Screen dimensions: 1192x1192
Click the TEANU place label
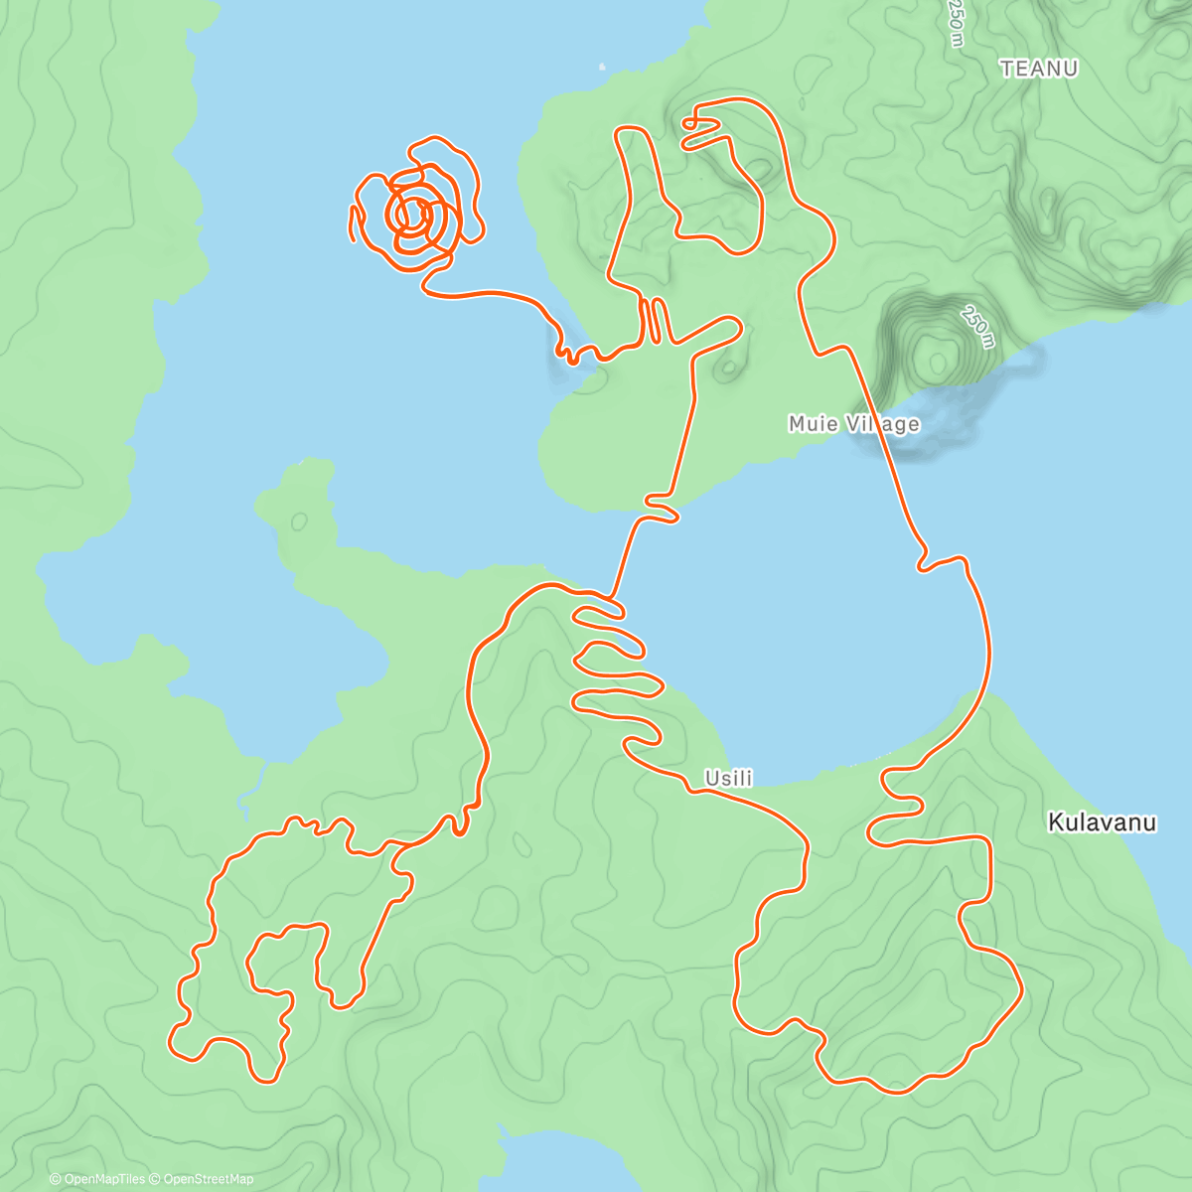(1039, 69)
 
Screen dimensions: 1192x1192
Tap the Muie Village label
(853, 424)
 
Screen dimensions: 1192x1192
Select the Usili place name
(728, 778)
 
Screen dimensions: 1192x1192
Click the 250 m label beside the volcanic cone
(976, 328)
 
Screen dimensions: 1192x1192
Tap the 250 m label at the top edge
(955, 22)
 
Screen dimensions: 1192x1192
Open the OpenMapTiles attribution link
(103, 1179)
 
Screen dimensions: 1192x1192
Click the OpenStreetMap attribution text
(208, 1179)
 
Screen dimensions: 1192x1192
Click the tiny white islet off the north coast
(602, 68)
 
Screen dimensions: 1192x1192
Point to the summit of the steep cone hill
(934, 353)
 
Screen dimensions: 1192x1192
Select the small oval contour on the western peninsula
(299, 521)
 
